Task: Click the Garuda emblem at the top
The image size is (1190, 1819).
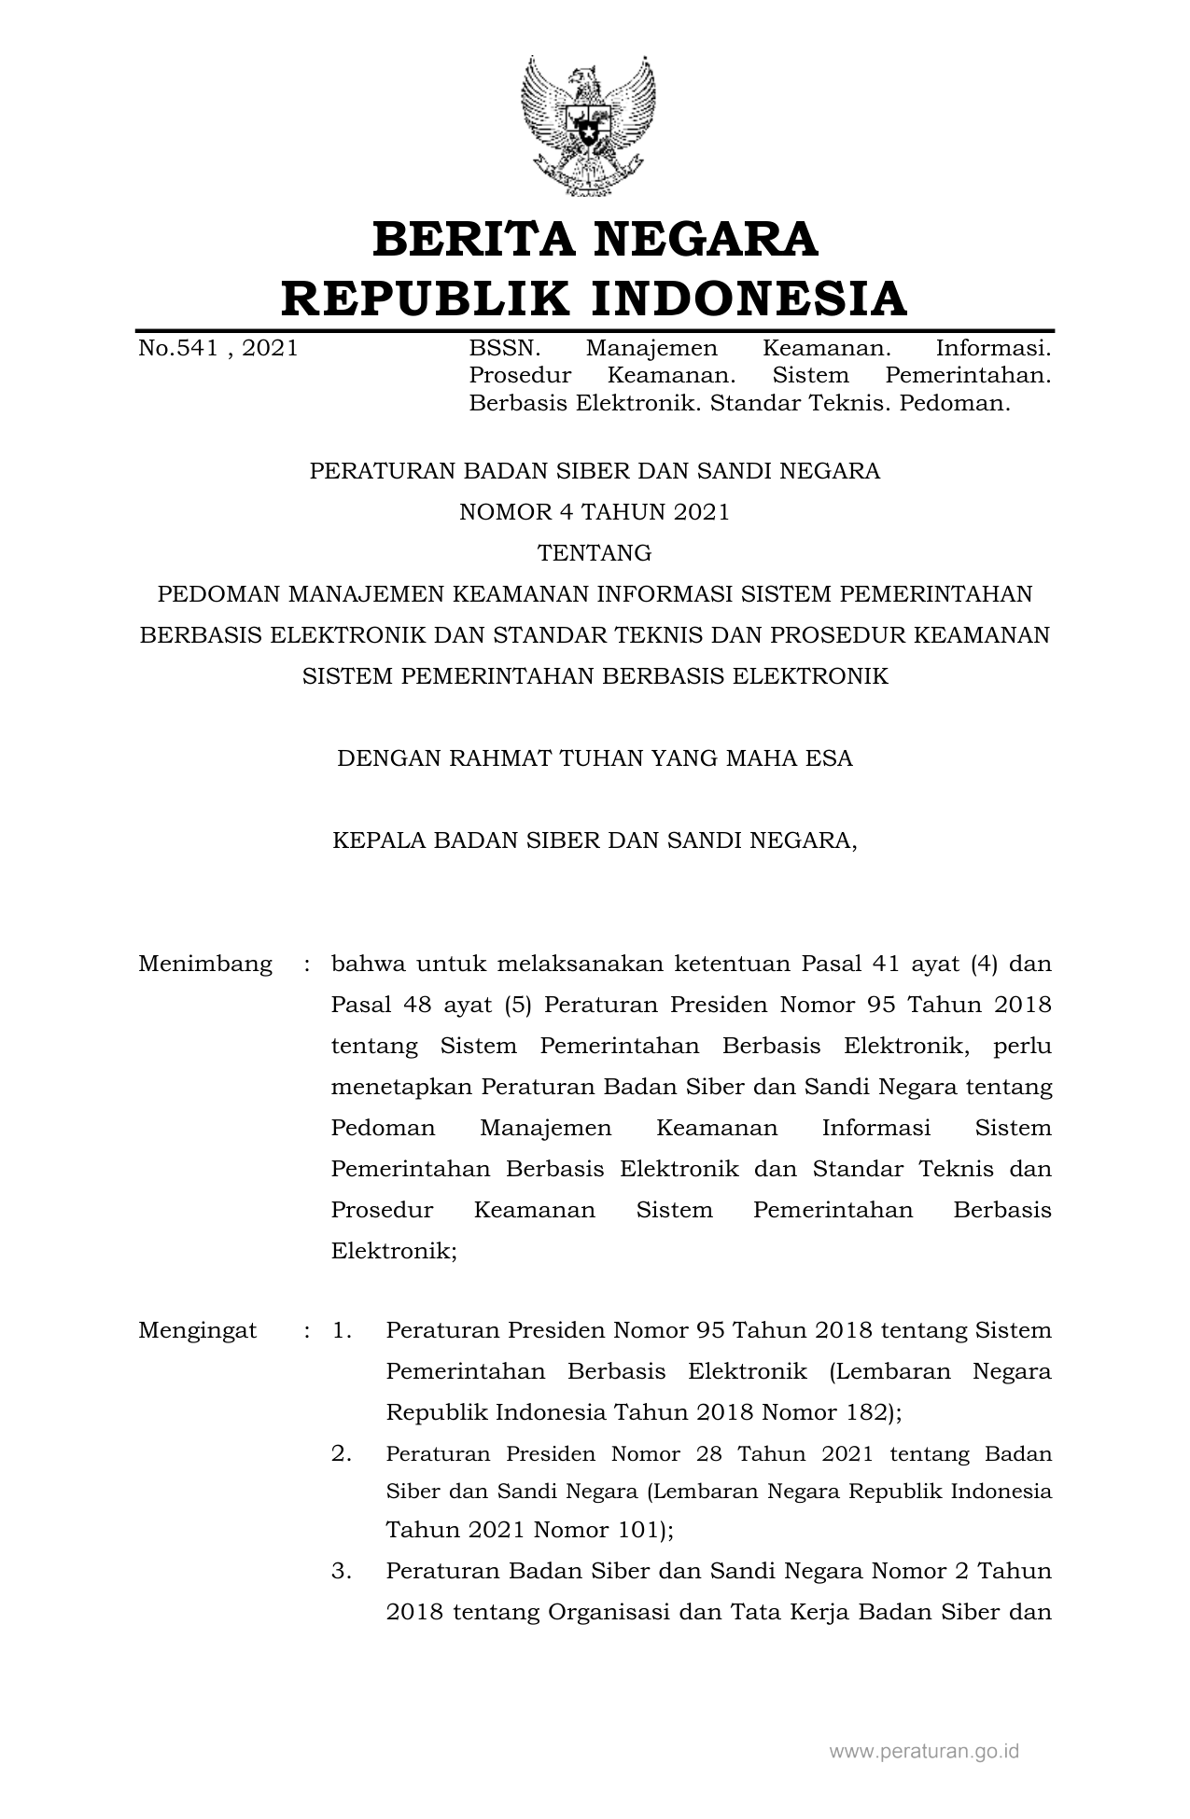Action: (x=588, y=125)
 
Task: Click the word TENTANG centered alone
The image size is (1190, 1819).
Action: (x=595, y=553)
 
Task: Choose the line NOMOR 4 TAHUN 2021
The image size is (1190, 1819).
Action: (x=595, y=512)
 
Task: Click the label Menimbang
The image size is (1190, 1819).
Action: (x=205, y=964)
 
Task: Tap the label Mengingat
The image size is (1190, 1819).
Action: (x=197, y=1330)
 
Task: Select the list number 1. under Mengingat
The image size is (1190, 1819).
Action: (x=342, y=1330)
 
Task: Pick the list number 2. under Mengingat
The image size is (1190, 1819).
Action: (x=342, y=1453)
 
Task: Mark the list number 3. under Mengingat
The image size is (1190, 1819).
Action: (x=342, y=1571)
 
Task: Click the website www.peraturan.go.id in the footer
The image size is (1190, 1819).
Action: (x=924, y=1751)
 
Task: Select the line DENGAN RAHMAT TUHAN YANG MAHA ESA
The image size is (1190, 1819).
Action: (x=595, y=758)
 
